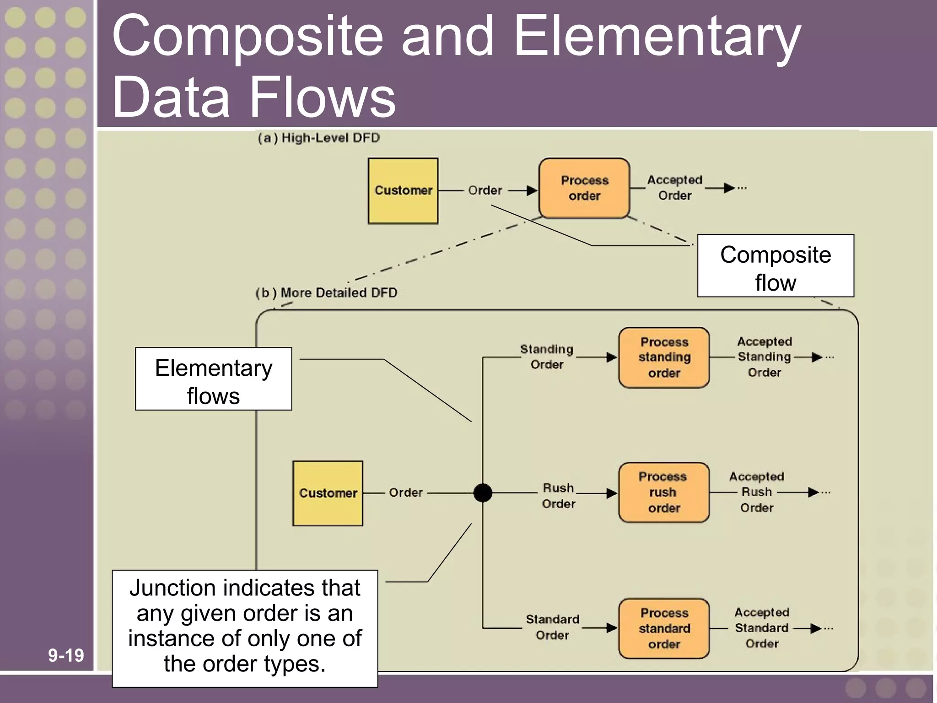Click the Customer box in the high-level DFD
(403, 191)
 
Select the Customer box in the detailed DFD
(328, 493)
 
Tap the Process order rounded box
(584, 188)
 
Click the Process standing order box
(664, 357)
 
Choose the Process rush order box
(663, 492)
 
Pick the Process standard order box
(664, 628)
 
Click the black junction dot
(483, 493)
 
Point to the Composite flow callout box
(775, 266)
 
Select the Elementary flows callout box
(214, 379)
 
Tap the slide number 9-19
(66, 655)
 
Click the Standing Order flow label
(547, 357)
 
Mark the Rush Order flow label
(558, 496)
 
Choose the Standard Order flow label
(552, 627)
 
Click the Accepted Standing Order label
(764, 357)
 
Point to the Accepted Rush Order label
(757, 492)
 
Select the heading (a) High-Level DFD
(318, 138)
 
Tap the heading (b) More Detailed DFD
(326, 292)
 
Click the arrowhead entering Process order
(532, 190)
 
